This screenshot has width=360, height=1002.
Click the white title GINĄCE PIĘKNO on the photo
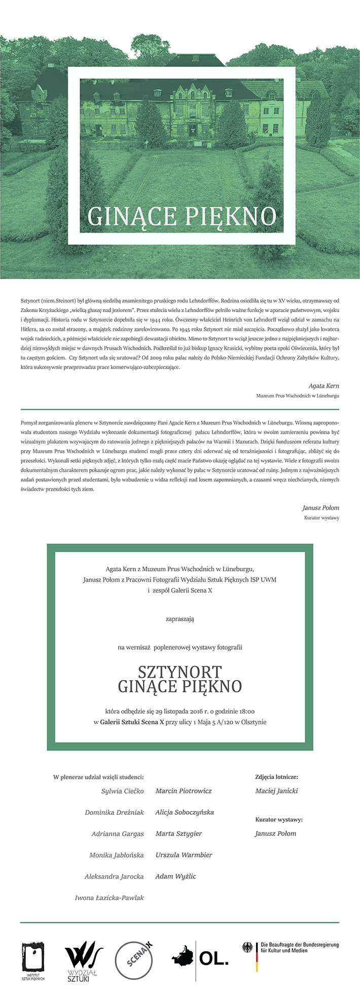pos(182,216)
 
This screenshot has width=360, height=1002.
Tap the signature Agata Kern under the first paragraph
pos(323,386)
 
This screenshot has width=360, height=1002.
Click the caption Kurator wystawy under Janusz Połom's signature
pos(321,518)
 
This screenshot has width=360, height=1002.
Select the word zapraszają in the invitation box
pos(179,619)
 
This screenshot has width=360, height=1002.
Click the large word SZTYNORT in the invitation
pos(179,672)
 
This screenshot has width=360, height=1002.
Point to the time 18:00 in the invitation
pos(245,711)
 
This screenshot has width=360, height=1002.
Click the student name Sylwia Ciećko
pos(122,791)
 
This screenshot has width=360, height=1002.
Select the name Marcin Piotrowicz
pos(184,791)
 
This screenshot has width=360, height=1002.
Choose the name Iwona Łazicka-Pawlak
pos(109,898)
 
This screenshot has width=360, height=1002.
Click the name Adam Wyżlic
pos(175,876)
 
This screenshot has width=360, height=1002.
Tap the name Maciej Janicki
pos(276,791)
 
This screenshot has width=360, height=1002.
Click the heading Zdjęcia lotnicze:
pos(276,776)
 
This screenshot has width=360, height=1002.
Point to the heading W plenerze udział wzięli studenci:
pos(98,776)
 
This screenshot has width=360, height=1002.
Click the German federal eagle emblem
pos(247,948)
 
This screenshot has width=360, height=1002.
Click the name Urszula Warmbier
pos(184,855)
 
